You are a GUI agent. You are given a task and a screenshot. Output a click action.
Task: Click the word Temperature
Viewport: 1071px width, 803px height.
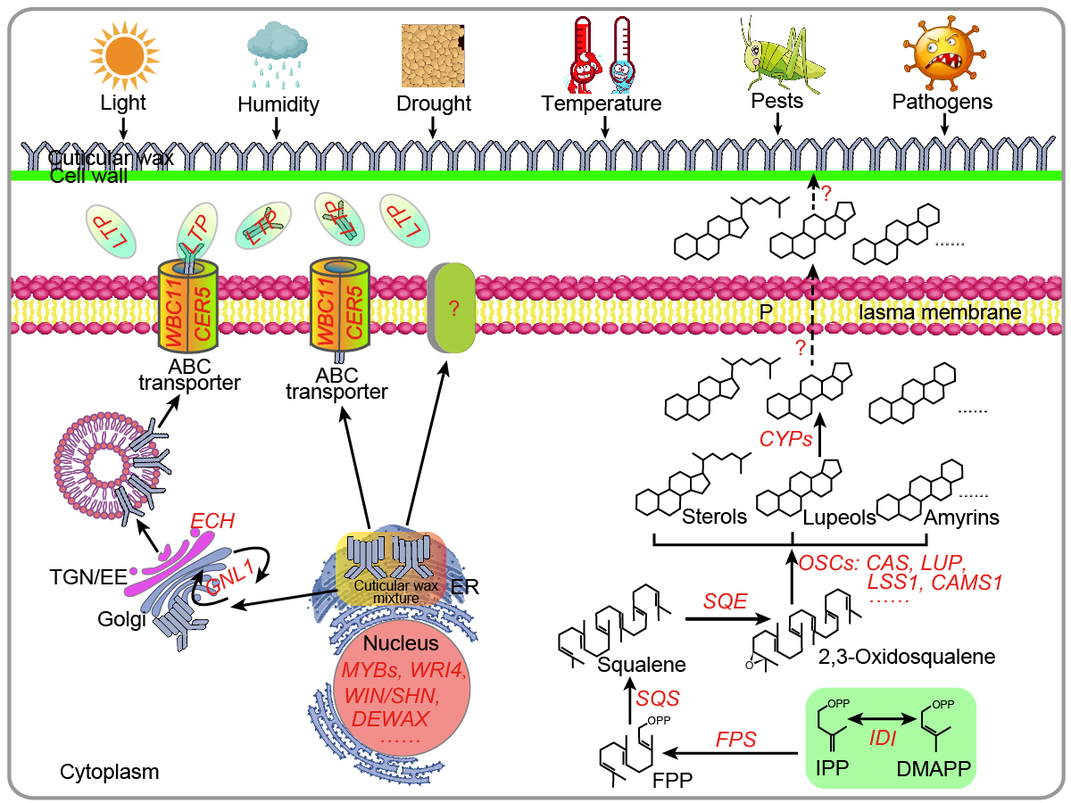[x=602, y=103]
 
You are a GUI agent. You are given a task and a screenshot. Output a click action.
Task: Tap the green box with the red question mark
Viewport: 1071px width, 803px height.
[x=453, y=308]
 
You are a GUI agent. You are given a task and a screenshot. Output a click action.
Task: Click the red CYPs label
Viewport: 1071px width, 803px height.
[x=785, y=439]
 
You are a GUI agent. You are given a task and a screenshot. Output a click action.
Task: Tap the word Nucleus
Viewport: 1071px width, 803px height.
[x=395, y=643]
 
